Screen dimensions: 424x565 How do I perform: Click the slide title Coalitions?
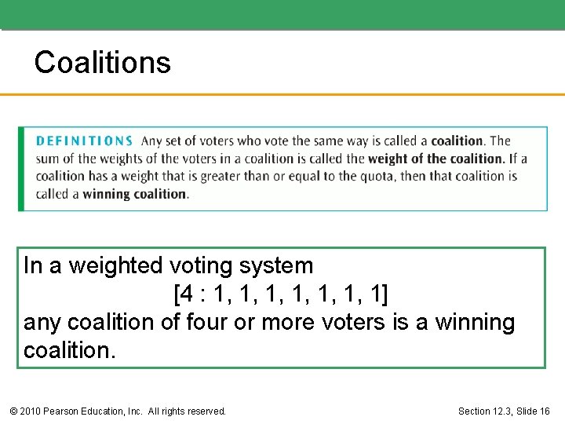click(102, 62)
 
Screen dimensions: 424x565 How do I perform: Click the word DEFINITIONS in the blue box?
click(84, 141)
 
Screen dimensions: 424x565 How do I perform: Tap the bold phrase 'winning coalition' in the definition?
click(135, 194)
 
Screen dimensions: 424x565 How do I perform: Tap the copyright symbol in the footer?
click(13, 411)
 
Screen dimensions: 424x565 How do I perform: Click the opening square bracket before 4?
click(176, 294)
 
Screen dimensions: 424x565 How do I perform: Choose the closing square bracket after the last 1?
click(384, 294)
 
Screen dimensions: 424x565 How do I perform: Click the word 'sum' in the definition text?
click(46, 159)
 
